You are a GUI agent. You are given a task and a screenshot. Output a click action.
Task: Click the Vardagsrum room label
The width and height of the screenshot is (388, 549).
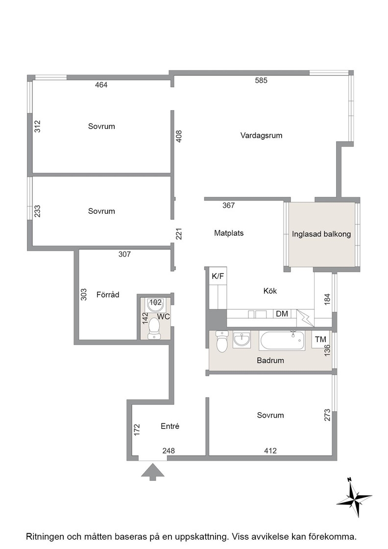pos(261,135)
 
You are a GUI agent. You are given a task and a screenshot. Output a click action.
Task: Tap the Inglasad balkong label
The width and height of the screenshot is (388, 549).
pos(321,234)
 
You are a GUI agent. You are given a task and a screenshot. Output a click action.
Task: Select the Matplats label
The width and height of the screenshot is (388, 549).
pos(229,233)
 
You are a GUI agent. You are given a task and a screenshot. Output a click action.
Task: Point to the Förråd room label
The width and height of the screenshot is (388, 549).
pos(108,295)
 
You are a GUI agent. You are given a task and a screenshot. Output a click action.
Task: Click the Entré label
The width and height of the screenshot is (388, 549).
pos(170,426)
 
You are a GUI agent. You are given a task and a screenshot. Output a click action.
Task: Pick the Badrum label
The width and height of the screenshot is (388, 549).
pos(270,360)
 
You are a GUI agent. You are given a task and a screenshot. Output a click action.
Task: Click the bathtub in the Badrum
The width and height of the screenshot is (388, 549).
pos(282,340)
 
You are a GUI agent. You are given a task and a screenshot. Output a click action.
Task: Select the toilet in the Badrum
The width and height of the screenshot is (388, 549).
pos(222,341)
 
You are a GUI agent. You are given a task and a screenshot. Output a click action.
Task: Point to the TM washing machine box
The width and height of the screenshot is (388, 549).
pos(320,339)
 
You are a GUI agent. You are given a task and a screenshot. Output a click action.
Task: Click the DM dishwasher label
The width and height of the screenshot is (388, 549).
pos(282,314)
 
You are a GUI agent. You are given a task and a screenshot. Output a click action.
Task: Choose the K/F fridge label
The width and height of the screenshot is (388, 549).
pos(218,276)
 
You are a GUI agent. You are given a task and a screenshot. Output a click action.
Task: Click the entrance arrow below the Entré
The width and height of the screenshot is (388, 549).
pos(152,472)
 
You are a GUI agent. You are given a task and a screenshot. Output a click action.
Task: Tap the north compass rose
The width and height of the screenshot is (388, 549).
pos(354,497)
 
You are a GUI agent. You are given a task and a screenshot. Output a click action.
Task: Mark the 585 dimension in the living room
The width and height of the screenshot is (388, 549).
pos(261,80)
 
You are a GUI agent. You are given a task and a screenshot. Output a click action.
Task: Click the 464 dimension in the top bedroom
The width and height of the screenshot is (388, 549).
pos(101,85)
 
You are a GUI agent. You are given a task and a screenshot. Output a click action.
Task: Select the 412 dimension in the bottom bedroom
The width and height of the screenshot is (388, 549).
pos(270,451)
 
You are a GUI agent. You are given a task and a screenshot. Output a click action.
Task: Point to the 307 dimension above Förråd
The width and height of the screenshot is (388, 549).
pos(124,254)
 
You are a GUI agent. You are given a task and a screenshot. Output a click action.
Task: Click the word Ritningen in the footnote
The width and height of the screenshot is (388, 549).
pos(45,536)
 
